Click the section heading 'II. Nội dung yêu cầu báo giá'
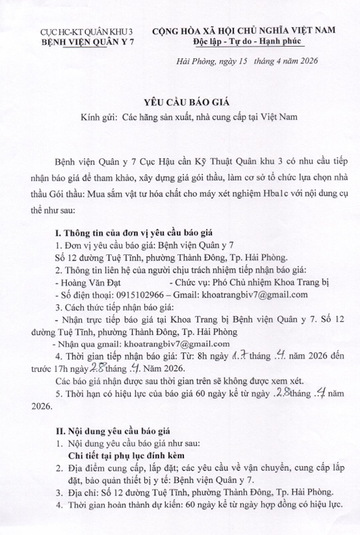click(x=115, y=430)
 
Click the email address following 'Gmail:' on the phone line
click(x=252, y=294)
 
